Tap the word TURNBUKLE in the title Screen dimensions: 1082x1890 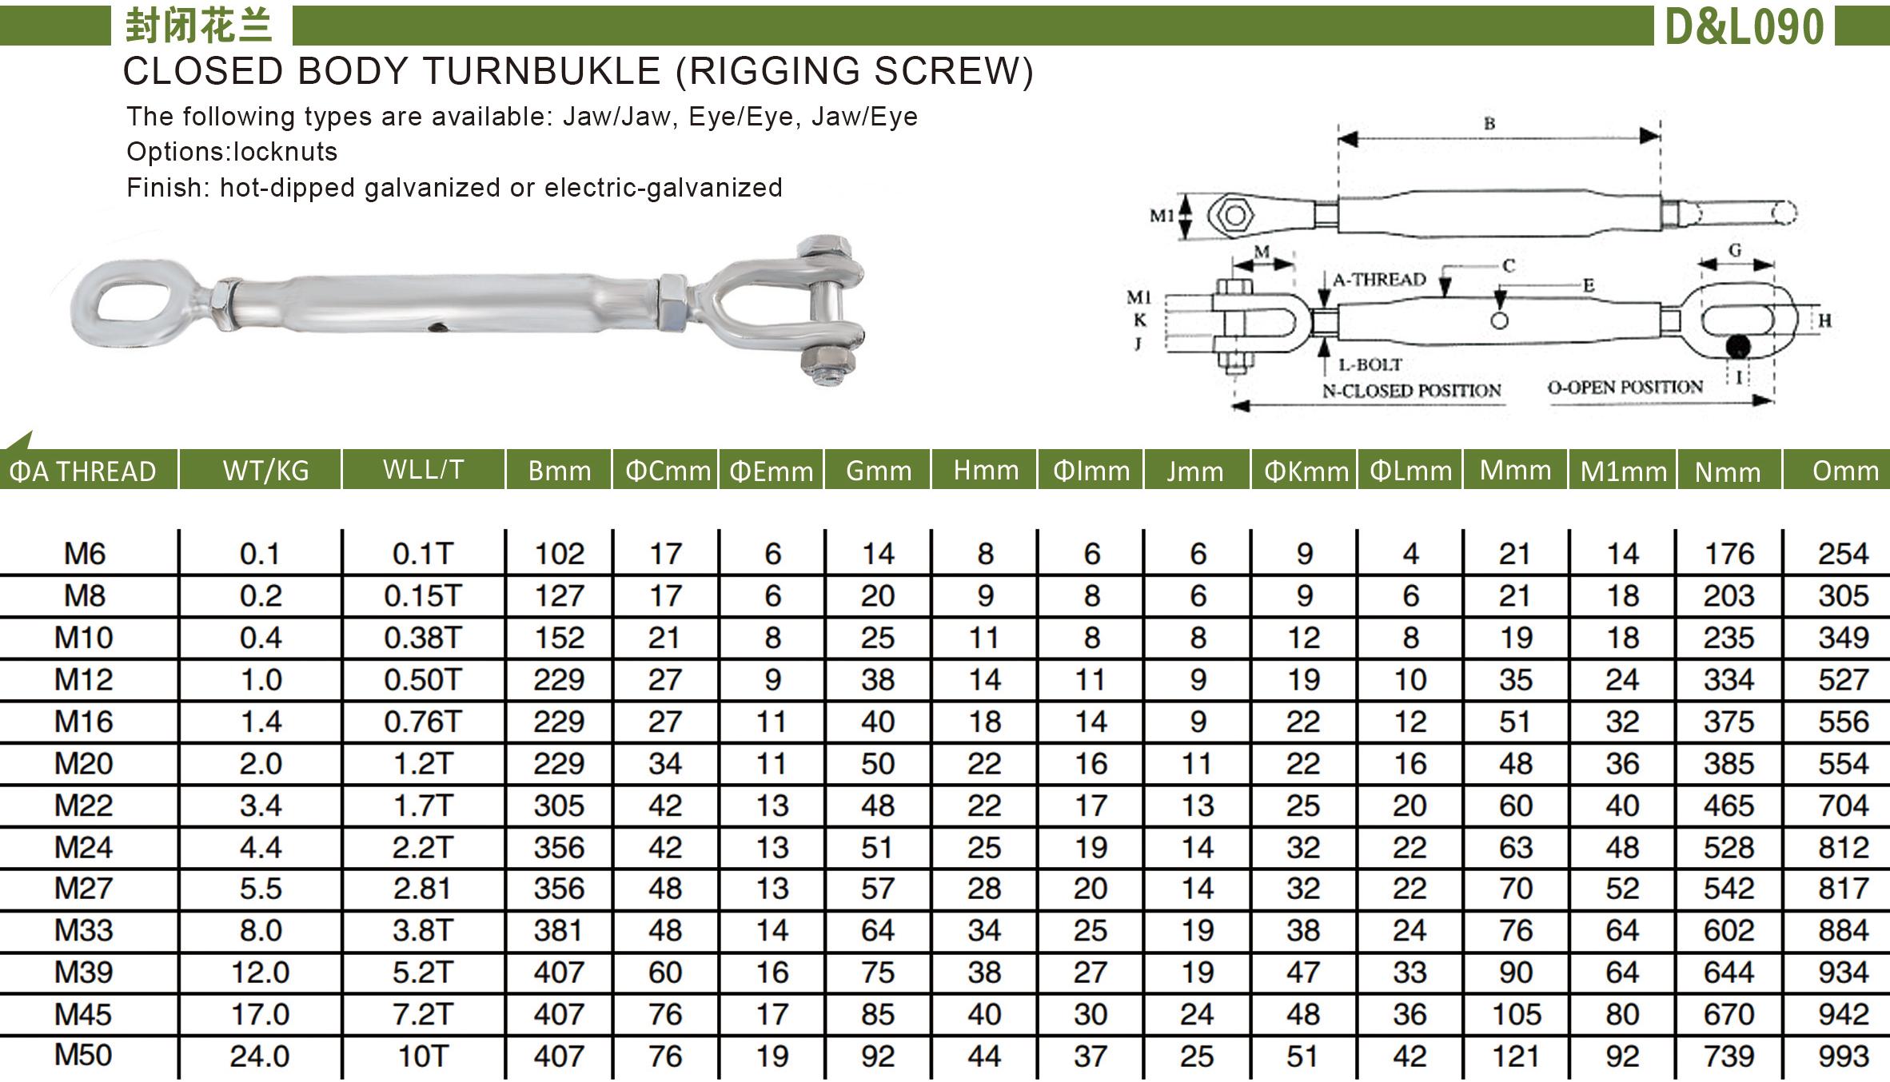542,71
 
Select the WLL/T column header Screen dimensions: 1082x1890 423,469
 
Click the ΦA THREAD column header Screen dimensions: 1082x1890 82,471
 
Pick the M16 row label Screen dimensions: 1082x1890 84,722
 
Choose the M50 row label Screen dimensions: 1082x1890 84,1056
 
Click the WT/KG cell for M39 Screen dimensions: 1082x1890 260,973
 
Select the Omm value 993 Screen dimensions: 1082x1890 1843,1056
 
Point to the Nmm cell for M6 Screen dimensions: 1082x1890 1729,554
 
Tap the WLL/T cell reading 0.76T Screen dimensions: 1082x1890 423,722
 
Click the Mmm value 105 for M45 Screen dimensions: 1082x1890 1515,1015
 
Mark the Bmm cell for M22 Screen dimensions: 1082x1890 559,806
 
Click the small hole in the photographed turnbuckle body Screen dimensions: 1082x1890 437,326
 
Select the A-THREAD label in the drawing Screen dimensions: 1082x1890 1378,280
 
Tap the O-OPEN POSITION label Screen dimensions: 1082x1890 1625,388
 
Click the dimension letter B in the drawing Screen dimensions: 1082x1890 1489,124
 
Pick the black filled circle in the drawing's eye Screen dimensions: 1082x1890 1736,348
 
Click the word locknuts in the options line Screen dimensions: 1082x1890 285,152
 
